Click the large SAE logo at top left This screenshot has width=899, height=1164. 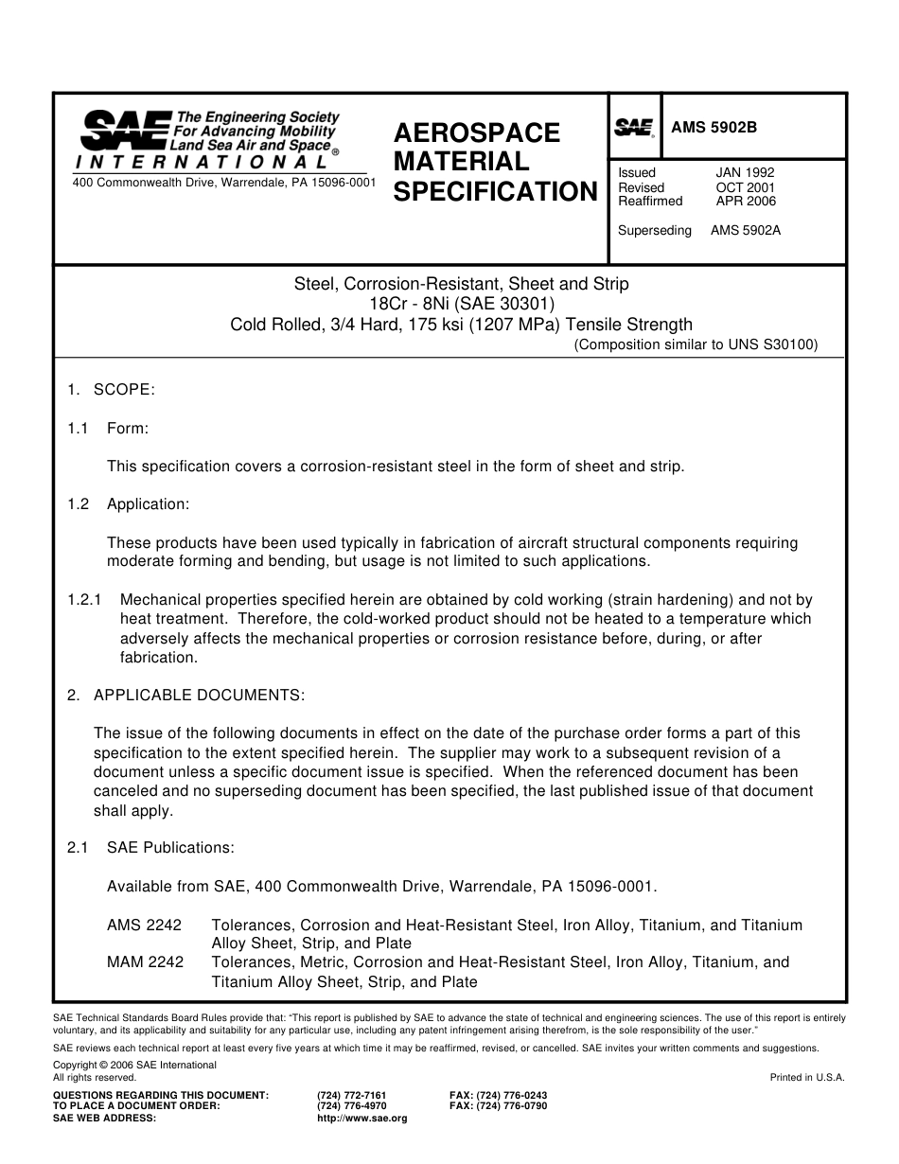point(125,131)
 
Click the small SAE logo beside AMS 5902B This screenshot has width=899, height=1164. point(634,128)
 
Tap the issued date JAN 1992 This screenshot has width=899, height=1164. point(745,173)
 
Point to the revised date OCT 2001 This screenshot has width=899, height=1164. point(745,187)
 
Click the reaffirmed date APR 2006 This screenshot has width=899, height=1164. point(745,202)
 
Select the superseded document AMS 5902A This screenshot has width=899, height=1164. point(745,230)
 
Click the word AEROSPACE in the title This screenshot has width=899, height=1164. point(476,132)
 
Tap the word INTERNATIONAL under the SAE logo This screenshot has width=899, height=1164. point(202,162)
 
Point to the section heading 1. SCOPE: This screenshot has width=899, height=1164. point(111,390)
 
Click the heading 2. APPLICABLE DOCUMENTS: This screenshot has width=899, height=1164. point(185,696)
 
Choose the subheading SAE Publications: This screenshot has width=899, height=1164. point(170,848)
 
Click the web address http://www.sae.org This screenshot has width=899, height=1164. point(361,1118)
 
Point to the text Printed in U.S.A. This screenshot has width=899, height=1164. point(806,1077)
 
